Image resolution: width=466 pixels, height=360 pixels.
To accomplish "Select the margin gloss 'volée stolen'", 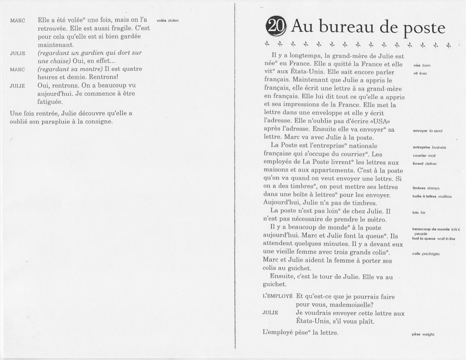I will (167, 20).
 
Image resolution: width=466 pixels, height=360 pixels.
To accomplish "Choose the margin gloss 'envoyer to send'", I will (428, 131).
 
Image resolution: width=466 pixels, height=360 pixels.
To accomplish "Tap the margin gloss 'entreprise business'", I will (429, 147).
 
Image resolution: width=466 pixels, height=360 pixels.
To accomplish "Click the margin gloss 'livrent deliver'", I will (424, 163).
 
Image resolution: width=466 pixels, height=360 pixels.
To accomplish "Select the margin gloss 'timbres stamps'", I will (426, 188).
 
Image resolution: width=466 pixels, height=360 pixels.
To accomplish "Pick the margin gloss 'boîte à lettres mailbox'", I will (432, 196).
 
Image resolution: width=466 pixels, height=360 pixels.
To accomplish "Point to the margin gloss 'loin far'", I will (419, 212).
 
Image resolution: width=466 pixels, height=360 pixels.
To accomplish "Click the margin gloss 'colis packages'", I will (426, 254).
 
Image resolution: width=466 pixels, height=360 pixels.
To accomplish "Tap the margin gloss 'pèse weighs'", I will (423, 334).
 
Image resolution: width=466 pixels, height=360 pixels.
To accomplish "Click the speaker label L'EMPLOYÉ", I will (277, 296).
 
